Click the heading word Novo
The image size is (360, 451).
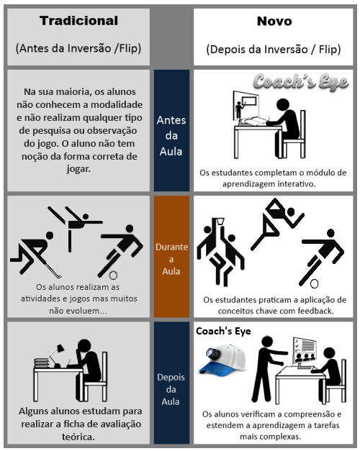pyautogui.click(x=274, y=22)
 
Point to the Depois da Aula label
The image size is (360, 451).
pyautogui.click(x=171, y=388)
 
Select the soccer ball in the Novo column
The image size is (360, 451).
pyautogui.click(x=314, y=283)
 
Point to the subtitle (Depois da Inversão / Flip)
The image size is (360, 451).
pyautogui.click(x=274, y=50)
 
